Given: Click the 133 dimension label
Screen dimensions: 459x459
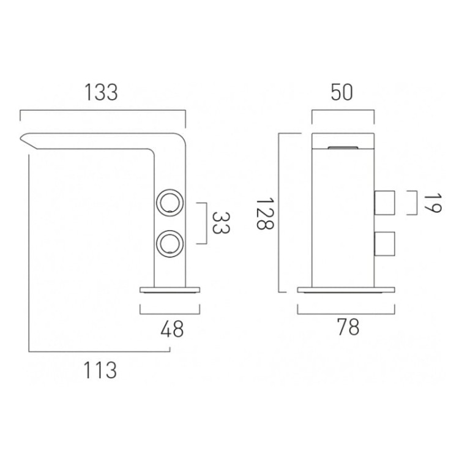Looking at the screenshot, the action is [101, 92].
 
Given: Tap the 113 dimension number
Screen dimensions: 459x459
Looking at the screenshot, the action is [100, 370].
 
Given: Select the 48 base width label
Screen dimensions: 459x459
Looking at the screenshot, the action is [172, 329].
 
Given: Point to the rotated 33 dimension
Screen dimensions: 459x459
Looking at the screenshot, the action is [220, 223].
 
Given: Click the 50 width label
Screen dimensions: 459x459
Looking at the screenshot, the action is [342, 92].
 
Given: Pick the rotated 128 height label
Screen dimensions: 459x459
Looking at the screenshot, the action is [264, 214].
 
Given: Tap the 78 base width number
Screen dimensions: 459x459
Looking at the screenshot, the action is [348, 327].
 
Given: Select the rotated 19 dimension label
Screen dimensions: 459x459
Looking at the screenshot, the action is [432, 203].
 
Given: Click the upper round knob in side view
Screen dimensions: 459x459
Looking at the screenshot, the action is [170, 203].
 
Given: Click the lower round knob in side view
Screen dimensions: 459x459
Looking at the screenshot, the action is [170, 244].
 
